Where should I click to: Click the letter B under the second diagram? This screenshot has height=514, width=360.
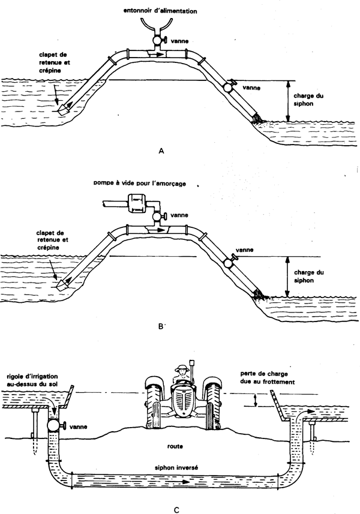click(x=160, y=327)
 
